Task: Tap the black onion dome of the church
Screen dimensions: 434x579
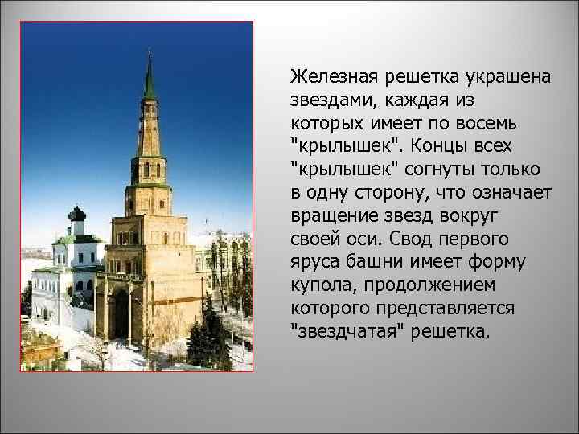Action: [x=77, y=215]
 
